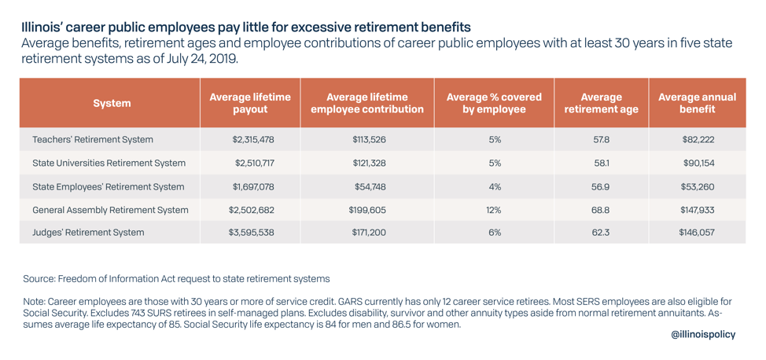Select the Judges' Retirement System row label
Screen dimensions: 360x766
pyautogui.click(x=88, y=233)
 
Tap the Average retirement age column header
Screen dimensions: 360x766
pyautogui.click(x=601, y=103)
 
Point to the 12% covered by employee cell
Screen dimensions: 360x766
pyautogui.click(x=494, y=210)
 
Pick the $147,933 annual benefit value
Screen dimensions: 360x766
pyautogui.click(x=697, y=210)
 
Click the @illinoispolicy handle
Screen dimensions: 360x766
pyautogui.click(x=703, y=334)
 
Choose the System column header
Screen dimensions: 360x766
pyautogui.click(x=112, y=103)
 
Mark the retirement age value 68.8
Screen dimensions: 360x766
pyautogui.click(x=601, y=210)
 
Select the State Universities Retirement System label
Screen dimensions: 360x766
pyautogui.click(x=109, y=163)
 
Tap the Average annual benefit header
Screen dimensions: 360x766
pyautogui.click(x=697, y=103)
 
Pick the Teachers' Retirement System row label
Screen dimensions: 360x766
pyautogui.click(x=93, y=140)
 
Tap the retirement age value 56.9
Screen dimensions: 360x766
pyautogui.click(x=601, y=187)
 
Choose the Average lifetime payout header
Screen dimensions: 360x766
pyautogui.click(x=250, y=103)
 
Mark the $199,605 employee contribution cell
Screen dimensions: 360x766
pyautogui.click(x=367, y=210)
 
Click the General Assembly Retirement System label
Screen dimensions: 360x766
pyautogui.click(x=110, y=210)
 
